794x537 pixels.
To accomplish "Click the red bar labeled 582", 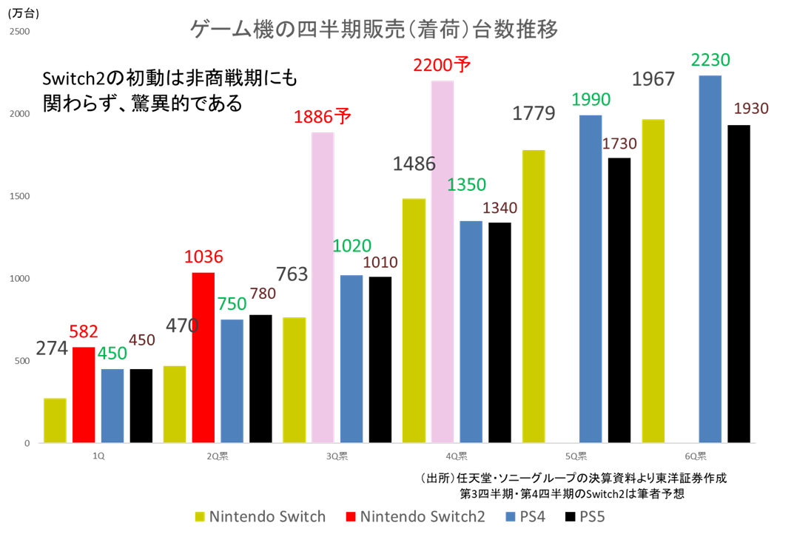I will coord(84,394).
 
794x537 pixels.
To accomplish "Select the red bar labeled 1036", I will coord(203,357).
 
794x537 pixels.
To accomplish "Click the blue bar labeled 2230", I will coord(710,259).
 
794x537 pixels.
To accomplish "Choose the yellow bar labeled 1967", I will coord(653,281).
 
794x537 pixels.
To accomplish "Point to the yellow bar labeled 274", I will coord(55,420).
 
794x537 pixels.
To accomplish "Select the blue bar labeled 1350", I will coord(471,331).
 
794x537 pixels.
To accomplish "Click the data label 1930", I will coord(751,109).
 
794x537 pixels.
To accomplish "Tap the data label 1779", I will coord(534,114).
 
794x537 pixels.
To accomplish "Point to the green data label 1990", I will coord(591,99).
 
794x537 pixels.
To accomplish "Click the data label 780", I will coord(263,294).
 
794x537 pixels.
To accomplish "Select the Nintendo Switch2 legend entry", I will coord(415,516).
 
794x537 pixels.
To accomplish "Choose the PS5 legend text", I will coord(593,516).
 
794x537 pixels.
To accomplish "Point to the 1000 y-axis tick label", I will coord(21,279).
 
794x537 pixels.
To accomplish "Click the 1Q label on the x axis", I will coord(98,456).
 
